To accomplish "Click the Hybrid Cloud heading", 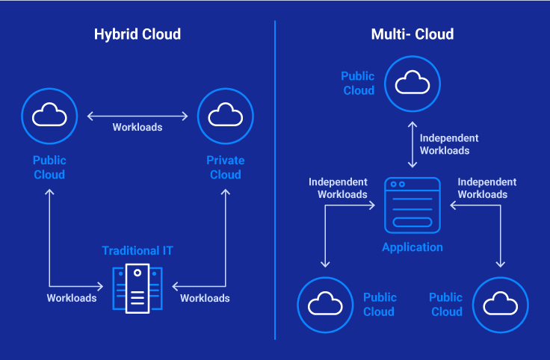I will (x=137, y=34).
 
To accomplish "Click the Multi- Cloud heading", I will (x=412, y=34).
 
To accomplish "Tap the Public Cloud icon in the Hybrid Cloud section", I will (x=49, y=115).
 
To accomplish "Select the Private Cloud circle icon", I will (x=225, y=115).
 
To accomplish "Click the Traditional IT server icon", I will (x=137, y=288).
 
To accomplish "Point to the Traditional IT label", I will (x=137, y=250).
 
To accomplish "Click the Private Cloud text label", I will (x=225, y=167).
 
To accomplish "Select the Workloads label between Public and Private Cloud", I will (x=137, y=127).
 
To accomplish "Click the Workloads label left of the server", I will (x=72, y=298).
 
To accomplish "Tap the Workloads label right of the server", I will (x=205, y=298).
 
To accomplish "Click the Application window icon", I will (x=412, y=205).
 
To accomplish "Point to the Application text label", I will (x=412, y=247).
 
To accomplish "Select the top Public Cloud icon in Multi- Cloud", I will (x=412, y=82).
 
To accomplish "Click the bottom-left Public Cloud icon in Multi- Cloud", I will (x=324, y=304).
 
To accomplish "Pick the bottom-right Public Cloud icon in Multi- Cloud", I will (x=500, y=304).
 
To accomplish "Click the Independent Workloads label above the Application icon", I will (x=448, y=144).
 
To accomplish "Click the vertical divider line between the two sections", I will (x=275, y=179).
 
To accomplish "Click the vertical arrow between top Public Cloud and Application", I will (x=412, y=143).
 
